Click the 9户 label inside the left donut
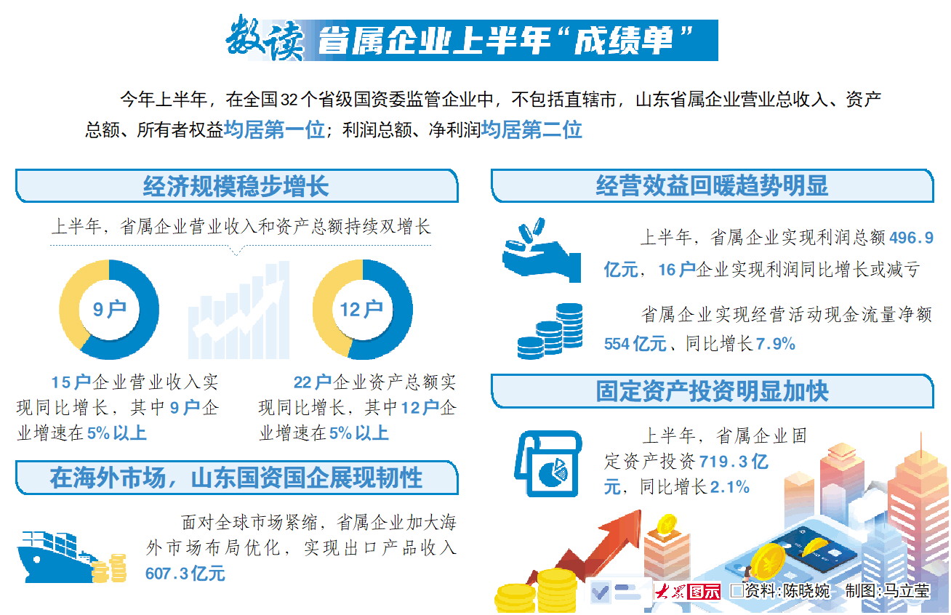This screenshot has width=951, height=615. (x=110, y=310)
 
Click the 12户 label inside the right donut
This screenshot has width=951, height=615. (x=362, y=310)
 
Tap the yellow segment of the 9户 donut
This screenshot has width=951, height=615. (x=74, y=297)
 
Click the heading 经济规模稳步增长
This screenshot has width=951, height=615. (x=236, y=186)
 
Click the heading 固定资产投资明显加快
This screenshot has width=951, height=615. (x=712, y=390)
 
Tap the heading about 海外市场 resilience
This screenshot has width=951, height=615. (x=236, y=478)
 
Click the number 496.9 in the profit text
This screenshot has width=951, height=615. (x=911, y=238)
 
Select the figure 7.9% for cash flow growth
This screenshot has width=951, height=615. (x=775, y=344)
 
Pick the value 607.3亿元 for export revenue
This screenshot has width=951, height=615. (x=185, y=574)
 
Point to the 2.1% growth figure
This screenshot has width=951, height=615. (x=729, y=487)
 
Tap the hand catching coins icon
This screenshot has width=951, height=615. (x=542, y=250)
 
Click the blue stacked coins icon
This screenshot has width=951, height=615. (x=550, y=331)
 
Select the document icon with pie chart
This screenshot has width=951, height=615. (x=547, y=464)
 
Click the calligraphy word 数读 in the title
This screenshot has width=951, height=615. (x=265, y=39)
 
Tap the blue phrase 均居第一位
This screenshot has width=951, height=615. (x=274, y=129)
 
